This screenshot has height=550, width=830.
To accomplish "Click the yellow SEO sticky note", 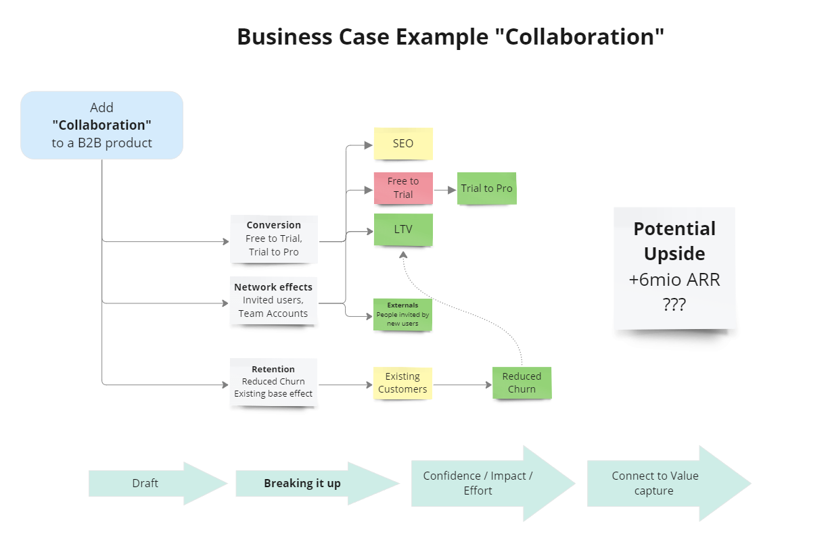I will pyautogui.click(x=403, y=143).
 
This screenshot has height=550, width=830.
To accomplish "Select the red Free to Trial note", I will pyautogui.click(x=403, y=188).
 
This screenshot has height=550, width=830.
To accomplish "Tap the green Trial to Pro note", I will pyautogui.click(x=486, y=189).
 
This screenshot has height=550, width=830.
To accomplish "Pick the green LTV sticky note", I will pyautogui.click(x=403, y=230).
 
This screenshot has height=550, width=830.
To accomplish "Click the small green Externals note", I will pyautogui.click(x=402, y=315).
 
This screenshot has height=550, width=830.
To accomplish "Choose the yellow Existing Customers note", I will pyautogui.click(x=402, y=382).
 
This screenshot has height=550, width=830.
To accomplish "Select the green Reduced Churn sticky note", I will pyautogui.click(x=522, y=382).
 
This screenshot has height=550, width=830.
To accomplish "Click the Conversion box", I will pyautogui.click(x=274, y=239).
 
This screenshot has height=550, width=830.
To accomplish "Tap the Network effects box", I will pyautogui.click(x=273, y=301).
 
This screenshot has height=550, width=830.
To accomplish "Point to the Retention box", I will pyautogui.click(x=273, y=382).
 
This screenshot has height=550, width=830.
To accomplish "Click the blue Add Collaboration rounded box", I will pyautogui.click(x=101, y=125).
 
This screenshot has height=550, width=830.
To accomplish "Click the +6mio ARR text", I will pyautogui.click(x=674, y=280).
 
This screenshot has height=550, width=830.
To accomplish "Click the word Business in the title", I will pyautogui.click(x=279, y=36).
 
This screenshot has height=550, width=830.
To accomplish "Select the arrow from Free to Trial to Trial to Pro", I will pyautogui.click(x=444, y=190).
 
